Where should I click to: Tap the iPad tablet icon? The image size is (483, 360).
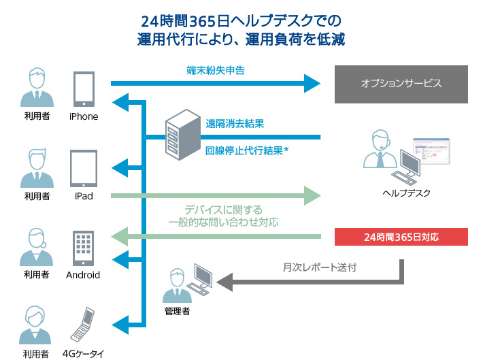(84, 168)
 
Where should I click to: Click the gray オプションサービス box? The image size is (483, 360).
(401, 84)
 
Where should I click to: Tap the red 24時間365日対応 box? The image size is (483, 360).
(401, 238)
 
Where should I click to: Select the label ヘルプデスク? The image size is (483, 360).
(407, 193)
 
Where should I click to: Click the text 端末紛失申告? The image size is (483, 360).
(215, 69)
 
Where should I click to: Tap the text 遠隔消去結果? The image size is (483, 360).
(235, 124)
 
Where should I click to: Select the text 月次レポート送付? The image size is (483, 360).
(319, 267)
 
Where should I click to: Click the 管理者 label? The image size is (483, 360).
(177, 312)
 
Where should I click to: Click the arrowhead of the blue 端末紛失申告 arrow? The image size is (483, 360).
(312, 84)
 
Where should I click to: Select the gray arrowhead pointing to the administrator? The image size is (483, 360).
(224, 280)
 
